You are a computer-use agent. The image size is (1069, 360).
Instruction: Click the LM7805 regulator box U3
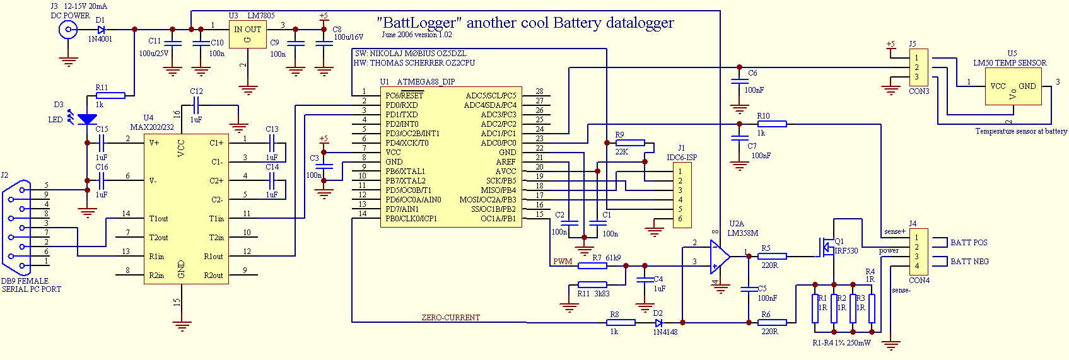pos(247,35)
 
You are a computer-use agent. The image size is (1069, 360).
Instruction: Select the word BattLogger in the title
pos(418,23)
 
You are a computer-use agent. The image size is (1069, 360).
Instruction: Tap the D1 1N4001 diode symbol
pos(101,30)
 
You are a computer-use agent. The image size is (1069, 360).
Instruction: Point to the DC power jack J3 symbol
pos(68,29)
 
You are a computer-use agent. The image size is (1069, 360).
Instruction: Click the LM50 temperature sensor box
pos(1013,86)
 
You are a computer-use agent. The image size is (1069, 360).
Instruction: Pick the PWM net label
pos(563,262)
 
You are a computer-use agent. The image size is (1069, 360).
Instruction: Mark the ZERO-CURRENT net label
pos(451,318)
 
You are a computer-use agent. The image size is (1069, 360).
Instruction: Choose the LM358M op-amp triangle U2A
pos(720,256)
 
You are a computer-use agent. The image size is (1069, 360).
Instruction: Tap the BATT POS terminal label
pos(969,243)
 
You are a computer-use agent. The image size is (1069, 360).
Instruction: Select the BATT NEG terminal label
pos(969,262)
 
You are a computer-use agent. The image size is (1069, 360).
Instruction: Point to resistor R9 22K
pos(630,143)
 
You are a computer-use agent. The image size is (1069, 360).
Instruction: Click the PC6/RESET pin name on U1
pos(404,96)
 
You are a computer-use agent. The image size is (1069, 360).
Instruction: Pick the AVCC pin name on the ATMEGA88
pos(506,171)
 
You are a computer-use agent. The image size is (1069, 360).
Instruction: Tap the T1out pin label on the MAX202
pos(159,219)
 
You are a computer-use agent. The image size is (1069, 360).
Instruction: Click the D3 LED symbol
pos(87,119)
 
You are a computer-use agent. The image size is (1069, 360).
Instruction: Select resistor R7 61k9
pos(592,265)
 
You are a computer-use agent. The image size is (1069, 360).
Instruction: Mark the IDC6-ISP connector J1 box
pos(682,195)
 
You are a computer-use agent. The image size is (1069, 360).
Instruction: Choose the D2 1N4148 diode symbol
pos(659,323)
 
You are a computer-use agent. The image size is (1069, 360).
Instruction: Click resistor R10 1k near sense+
pos(771,124)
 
